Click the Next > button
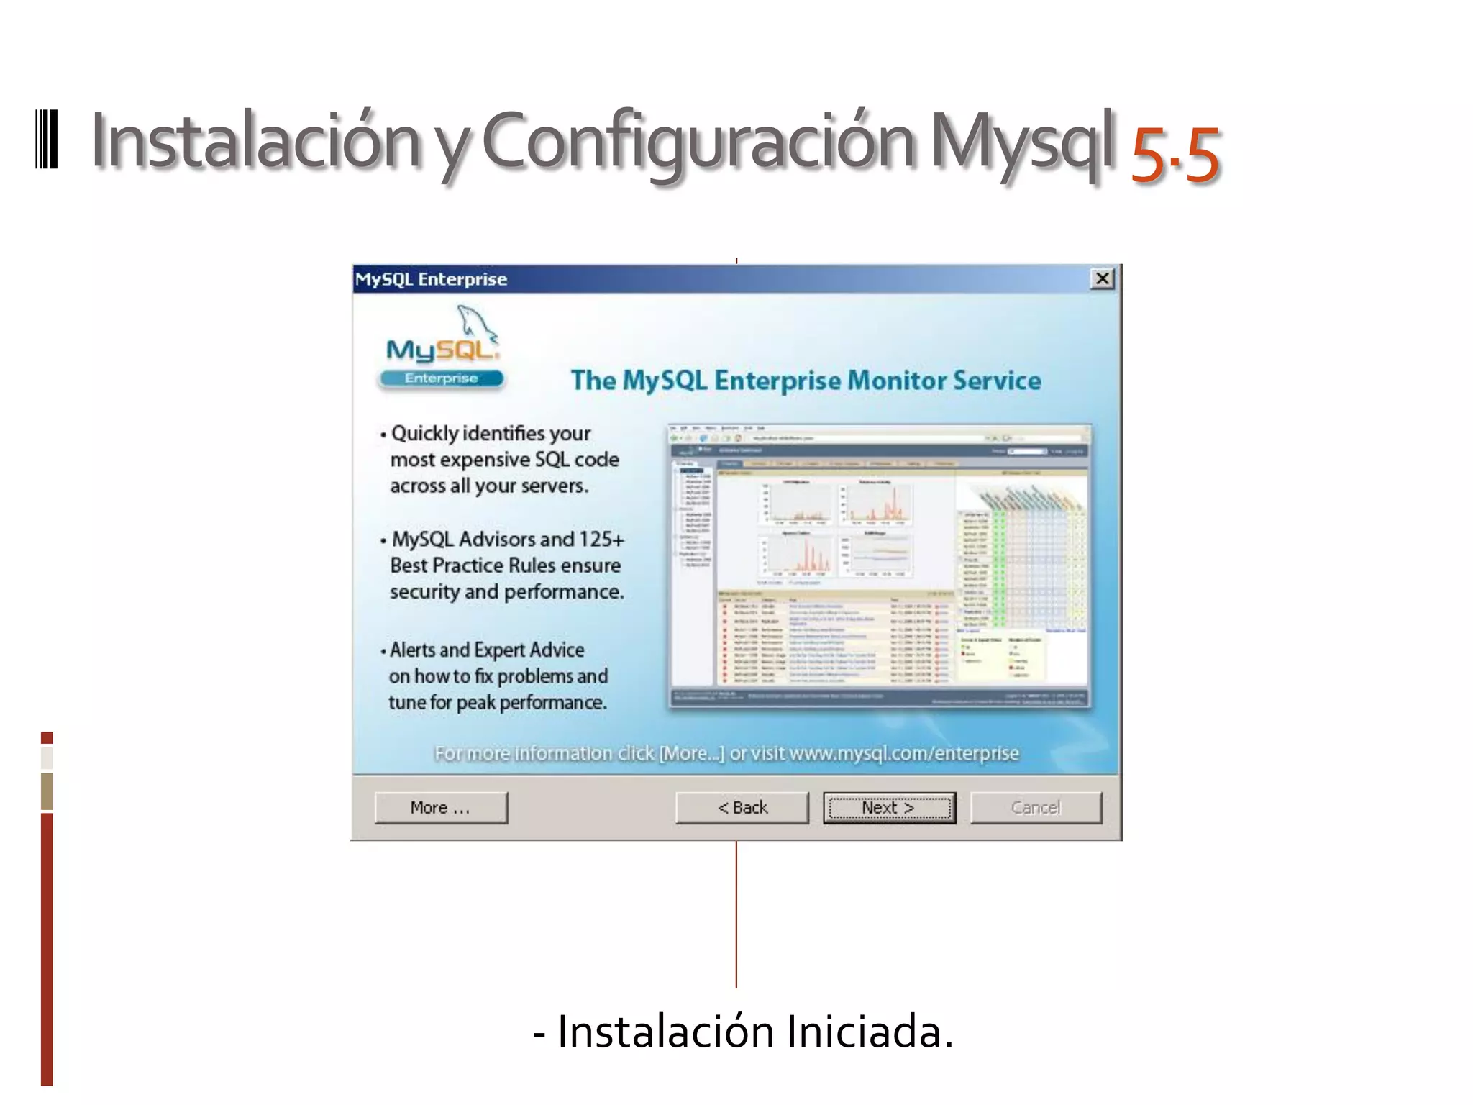pos(889,808)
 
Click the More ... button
pos(440,808)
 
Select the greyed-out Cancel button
pos(1035,808)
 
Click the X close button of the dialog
pos(1102,278)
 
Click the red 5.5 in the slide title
pos(1175,154)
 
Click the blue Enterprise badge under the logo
pos(441,378)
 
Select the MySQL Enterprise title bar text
pos(432,279)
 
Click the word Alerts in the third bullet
pos(414,650)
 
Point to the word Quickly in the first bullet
pos(424,433)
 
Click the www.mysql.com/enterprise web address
pos(903,752)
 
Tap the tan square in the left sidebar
pos(47,791)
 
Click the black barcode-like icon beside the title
pos(47,140)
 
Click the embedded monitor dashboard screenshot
pos(879,567)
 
